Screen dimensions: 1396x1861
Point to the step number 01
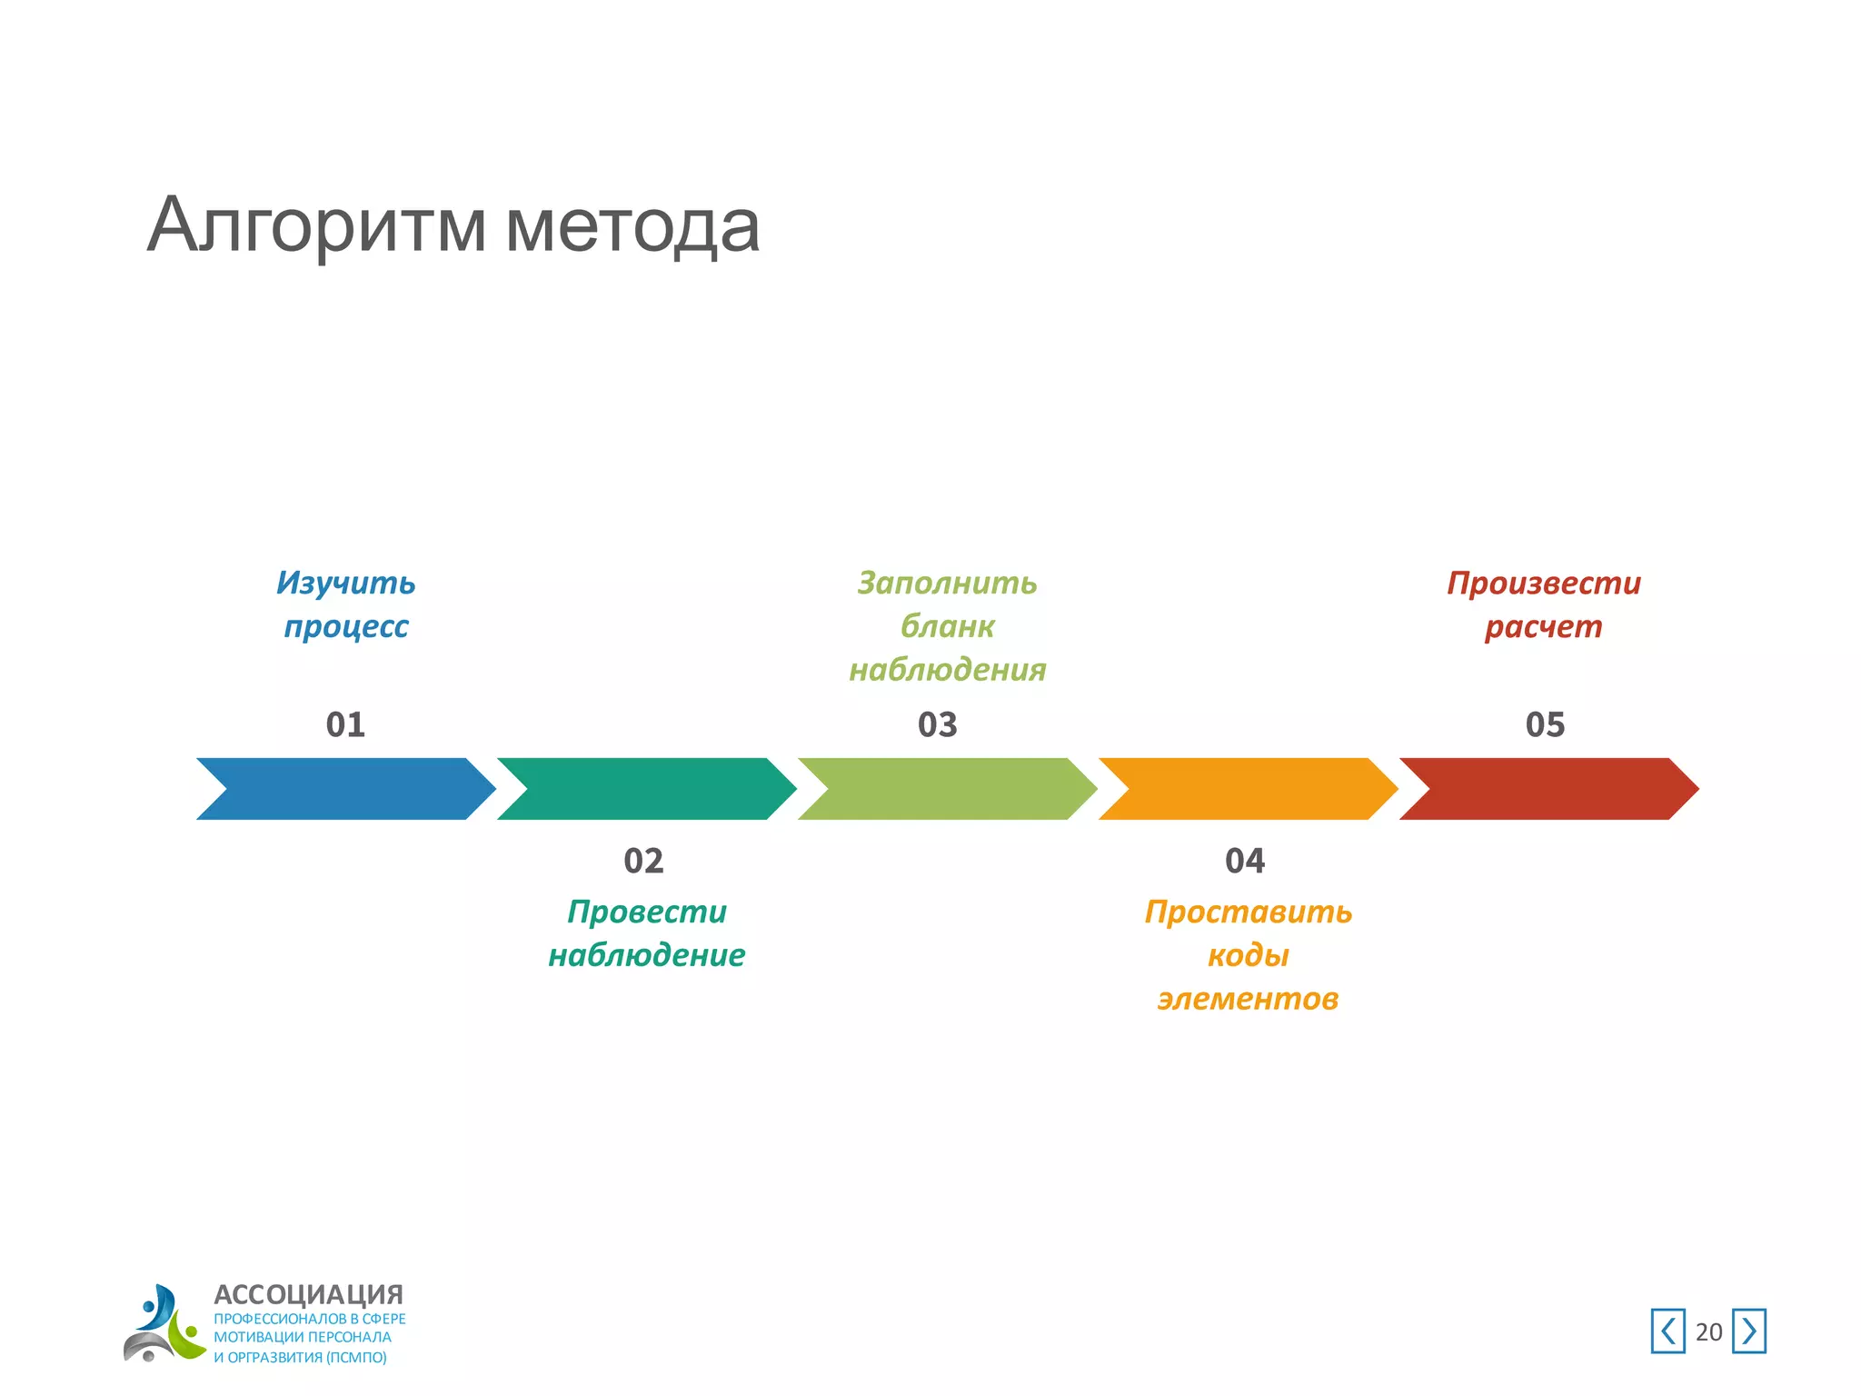point(345,724)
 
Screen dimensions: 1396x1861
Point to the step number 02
point(643,861)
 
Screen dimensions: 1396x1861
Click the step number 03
point(938,724)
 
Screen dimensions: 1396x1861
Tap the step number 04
point(1245,861)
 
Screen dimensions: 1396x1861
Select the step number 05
point(1545,724)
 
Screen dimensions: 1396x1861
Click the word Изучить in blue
point(345,583)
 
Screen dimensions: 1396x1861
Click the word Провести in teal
point(647,912)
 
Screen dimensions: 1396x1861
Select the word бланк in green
point(947,626)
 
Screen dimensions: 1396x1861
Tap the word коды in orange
point(1248,955)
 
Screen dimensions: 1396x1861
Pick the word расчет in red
point(1543,626)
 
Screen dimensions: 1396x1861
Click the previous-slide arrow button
point(1667,1331)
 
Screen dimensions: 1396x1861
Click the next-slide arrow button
point(1748,1331)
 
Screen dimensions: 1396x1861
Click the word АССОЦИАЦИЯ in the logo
point(308,1294)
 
